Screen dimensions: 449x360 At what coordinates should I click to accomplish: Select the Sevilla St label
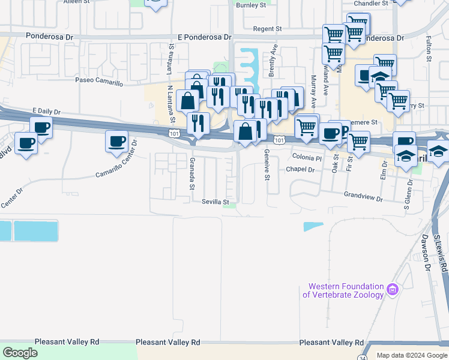[x=215, y=202]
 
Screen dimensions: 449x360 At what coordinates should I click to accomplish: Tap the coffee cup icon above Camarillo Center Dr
[x=116, y=142]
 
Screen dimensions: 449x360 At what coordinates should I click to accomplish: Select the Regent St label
[x=267, y=29]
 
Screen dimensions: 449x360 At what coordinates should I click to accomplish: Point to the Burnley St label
[x=251, y=5]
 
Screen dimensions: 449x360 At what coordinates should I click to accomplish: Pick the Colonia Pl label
[x=307, y=157]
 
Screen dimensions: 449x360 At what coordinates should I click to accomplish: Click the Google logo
[x=20, y=353]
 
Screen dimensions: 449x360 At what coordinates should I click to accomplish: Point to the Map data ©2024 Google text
[x=411, y=355]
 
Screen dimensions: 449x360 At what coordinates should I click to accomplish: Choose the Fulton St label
[x=429, y=49]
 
